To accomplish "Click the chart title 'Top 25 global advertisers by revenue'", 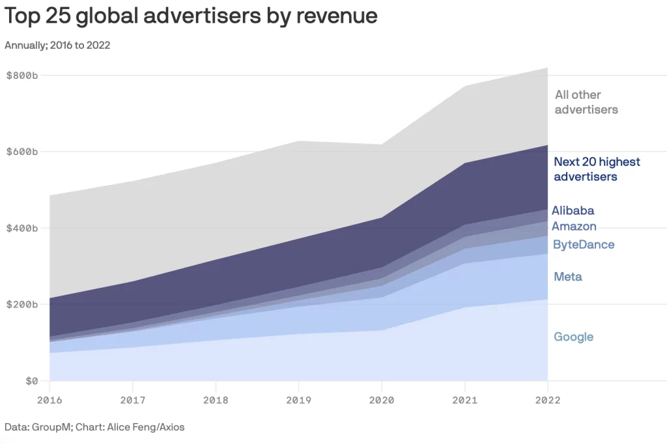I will pos(191,16).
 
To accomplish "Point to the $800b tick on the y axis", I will pos(22,76).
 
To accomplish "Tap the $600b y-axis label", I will pos(22,152).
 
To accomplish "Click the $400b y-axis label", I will pos(22,228).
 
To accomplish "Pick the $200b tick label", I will pos(22,304).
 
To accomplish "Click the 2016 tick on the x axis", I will pos(50,400).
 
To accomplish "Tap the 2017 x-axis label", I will pos(132,400).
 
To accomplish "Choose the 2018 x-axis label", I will pos(216,400).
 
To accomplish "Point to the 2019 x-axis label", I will pos(298,400).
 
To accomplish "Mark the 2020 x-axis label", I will pos(382,400).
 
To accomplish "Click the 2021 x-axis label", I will pos(464,400).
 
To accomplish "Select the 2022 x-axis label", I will pos(547,400).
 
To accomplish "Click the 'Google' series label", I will pos(573,337).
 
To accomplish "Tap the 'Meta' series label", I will pos(567,277).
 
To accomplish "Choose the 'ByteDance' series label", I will pos(584,244).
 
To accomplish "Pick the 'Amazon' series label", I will pos(574,226).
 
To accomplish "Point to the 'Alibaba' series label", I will pos(573,210).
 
